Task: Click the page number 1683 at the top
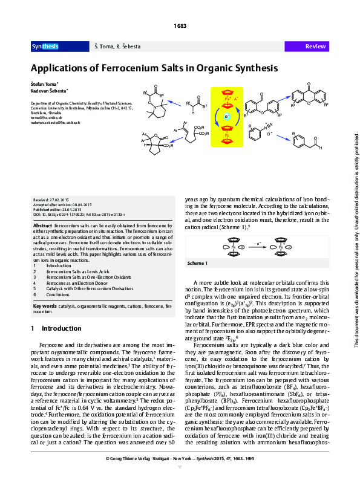pyautogui.click(x=180, y=25)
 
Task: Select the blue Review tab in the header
pyautogui.click(x=316, y=47)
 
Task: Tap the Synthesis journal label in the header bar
pyautogui.click(x=45, y=47)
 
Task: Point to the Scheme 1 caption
pyautogui.click(x=197, y=264)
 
